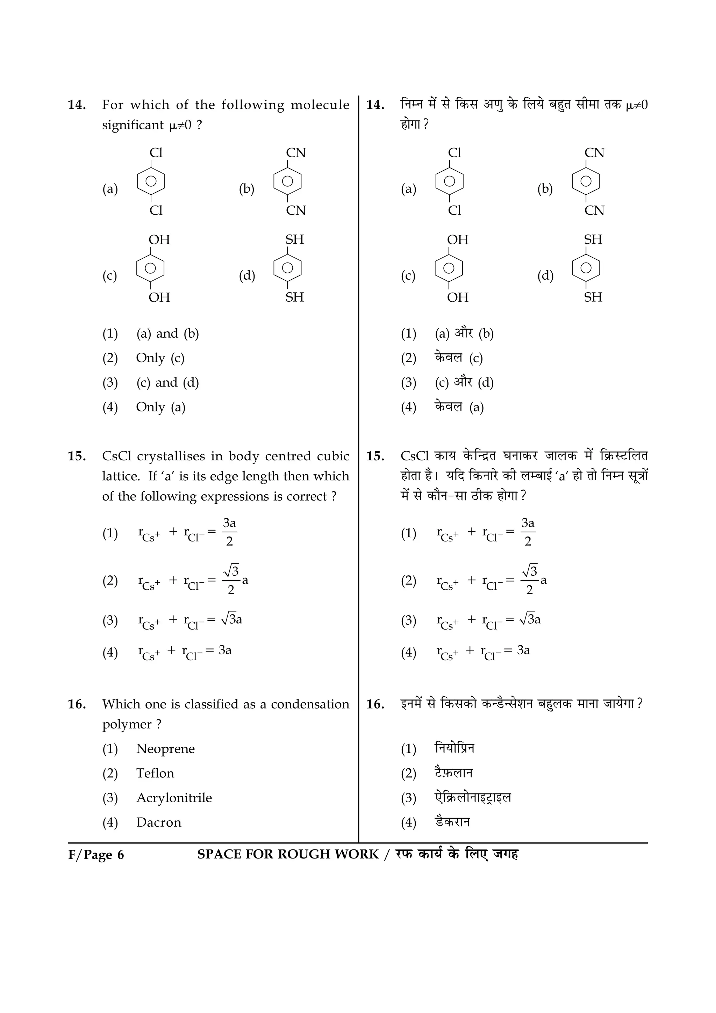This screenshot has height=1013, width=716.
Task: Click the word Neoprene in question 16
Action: [x=165, y=749]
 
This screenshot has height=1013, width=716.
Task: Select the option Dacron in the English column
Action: [x=158, y=822]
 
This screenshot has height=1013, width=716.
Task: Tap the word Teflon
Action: [x=155, y=774]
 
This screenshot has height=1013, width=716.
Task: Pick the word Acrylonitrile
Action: [x=174, y=798]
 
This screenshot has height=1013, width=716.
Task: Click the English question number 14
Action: [x=76, y=105]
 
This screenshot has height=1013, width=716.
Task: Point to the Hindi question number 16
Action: [x=375, y=704]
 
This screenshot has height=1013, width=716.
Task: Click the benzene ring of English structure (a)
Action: [x=151, y=181]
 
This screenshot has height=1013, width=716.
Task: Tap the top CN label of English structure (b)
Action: [x=295, y=153]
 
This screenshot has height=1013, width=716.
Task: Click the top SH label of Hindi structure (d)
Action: [x=593, y=239]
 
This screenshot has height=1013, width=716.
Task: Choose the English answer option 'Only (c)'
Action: [x=160, y=358]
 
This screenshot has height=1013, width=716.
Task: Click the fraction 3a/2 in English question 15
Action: [x=229, y=532]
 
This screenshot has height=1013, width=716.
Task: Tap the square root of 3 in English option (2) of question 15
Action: [x=231, y=571]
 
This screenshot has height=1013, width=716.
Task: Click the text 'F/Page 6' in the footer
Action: [x=96, y=855]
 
